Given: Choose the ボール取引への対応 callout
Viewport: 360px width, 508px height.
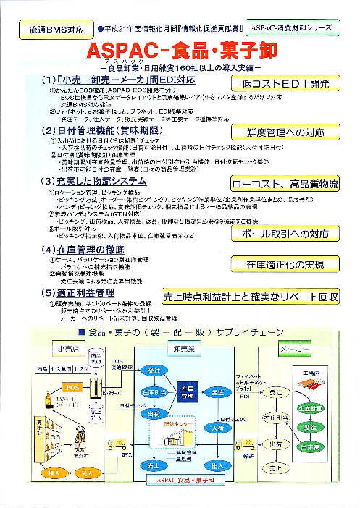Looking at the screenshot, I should click(x=285, y=234).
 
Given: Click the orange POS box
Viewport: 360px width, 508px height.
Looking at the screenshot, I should click(x=73, y=387).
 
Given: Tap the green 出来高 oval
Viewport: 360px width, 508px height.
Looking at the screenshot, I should click(x=317, y=447).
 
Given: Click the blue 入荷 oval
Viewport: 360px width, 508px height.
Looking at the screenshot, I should click(x=217, y=429).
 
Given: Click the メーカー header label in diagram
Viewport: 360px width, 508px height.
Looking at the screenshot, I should click(x=296, y=349).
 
